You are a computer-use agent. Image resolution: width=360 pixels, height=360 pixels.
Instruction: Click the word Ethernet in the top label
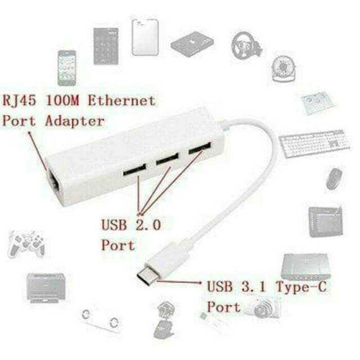(x=122, y=101)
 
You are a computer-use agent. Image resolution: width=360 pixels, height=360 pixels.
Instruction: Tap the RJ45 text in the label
(x=19, y=101)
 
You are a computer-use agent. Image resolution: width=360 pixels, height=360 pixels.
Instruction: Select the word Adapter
(x=75, y=121)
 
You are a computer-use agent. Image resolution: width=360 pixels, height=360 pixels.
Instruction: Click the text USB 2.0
(x=131, y=225)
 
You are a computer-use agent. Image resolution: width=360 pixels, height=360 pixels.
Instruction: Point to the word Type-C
(x=301, y=287)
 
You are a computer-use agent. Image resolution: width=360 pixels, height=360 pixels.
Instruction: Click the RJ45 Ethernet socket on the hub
(x=55, y=182)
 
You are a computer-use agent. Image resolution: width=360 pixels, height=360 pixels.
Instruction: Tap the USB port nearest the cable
(x=200, y=148)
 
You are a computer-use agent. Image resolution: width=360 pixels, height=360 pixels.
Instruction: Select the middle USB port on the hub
(x=168, y=159)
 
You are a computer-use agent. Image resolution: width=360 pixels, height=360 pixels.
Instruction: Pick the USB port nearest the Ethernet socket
(x=134, y=170)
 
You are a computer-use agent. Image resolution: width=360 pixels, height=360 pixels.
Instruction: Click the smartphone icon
(x=67, y=68)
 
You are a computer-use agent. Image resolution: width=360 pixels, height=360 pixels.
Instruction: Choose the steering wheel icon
(x=246, y=46)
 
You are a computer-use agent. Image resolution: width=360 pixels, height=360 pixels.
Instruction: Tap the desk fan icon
(x=283, y=69)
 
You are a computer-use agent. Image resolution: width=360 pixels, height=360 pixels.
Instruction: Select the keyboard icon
(x=314, y=143)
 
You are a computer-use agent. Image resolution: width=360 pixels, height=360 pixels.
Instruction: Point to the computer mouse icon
(x=335, y=179)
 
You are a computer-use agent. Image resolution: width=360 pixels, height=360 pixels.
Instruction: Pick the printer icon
(x=46, y=288)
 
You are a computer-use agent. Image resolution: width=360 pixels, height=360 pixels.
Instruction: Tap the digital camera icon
(x=264, y=308)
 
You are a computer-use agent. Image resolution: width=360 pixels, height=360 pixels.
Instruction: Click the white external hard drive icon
(x=145, y=37)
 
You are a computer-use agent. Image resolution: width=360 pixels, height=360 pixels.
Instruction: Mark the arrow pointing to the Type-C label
(x=179, y=282)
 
